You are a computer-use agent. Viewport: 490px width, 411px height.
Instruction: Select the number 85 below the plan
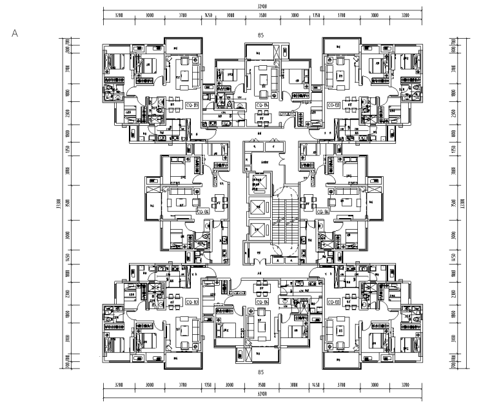261,372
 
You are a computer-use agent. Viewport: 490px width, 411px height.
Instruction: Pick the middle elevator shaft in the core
258,208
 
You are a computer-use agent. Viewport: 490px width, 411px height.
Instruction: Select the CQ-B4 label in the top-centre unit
262,105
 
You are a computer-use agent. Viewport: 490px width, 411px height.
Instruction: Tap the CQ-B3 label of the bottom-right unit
333,301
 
